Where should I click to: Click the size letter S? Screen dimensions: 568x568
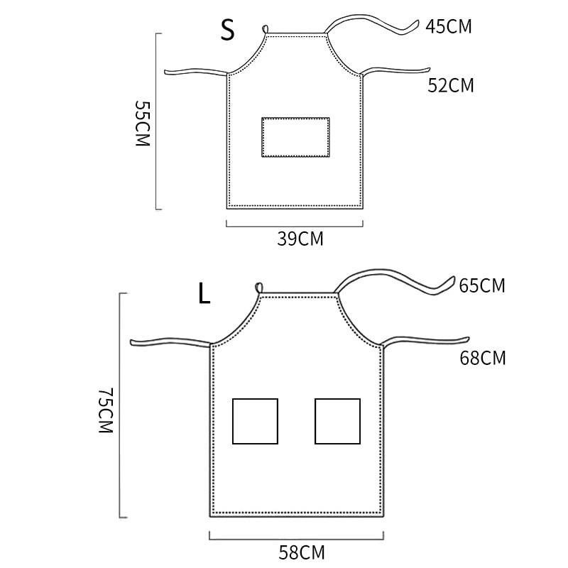(x=228, y=30)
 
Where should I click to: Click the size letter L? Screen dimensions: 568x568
(x=204, y=293)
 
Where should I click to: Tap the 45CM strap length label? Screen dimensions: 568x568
(x=449, y=26)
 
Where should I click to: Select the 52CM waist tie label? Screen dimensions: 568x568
(x=451, y=85)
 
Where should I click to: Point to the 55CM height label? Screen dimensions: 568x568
(x=143, y=123)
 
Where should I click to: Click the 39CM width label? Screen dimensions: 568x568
(x=300, y=239)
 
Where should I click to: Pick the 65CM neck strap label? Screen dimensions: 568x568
(x=482, y=285)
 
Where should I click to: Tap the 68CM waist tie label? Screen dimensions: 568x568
(x=483, y=358)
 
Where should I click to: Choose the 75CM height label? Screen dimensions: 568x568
(x=106, y=410)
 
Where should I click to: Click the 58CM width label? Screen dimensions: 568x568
(x=301, y=553)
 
